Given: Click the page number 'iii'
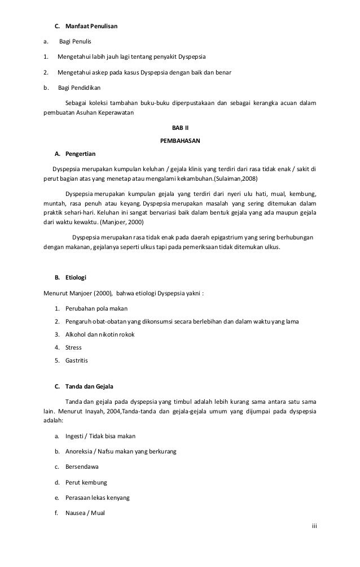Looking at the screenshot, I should (315, 526).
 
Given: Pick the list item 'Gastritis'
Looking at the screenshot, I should (77, 360).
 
